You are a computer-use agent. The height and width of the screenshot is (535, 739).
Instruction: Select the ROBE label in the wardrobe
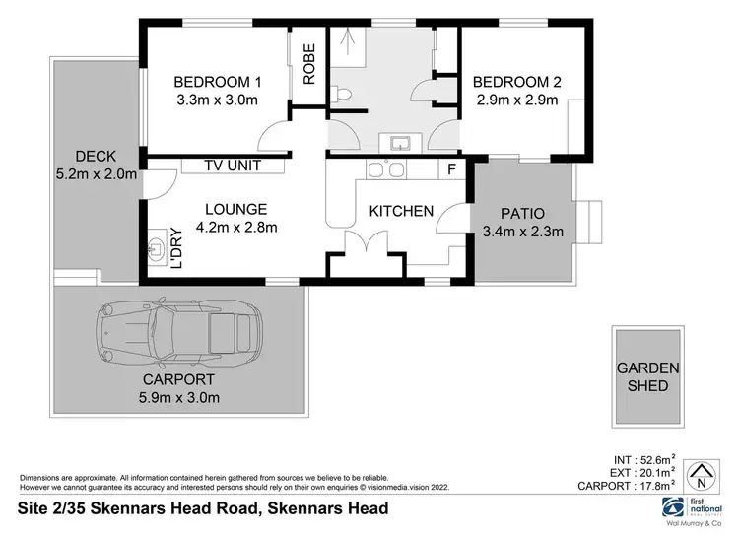click(x=308, y=64)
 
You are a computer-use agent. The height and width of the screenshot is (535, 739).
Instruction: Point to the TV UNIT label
click(x=234, y=166)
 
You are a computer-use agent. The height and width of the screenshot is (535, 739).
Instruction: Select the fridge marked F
click(x=451, y=169)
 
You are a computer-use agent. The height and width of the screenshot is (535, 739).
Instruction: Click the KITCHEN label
click(x=401, y=211)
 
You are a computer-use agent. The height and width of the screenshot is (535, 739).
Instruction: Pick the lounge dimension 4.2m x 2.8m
click(x=235, y=228)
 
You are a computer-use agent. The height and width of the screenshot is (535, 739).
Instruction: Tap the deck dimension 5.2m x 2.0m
click(x=95, y=175)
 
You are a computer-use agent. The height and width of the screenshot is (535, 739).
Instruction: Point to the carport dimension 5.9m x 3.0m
click(x=178, y=397)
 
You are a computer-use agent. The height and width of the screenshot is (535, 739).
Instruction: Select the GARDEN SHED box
click(x=647, y=375)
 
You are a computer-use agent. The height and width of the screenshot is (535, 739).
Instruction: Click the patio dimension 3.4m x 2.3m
click(x=522, y=233)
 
